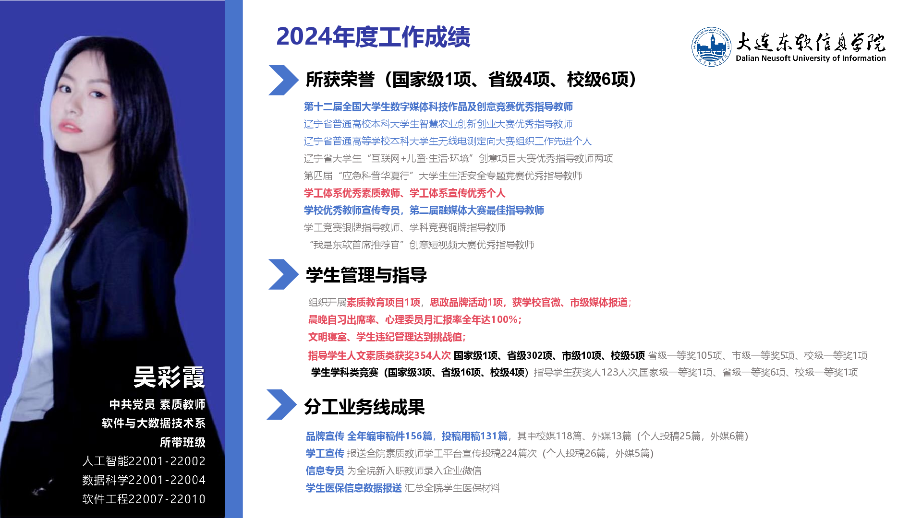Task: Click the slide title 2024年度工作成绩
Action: click(x=373, y=37)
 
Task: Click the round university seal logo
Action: click(x=711, y=47)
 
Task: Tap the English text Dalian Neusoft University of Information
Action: click(x=811, y=58)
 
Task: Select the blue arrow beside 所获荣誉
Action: click(x=283, y=80)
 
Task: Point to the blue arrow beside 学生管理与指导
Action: click(x=283, y=274)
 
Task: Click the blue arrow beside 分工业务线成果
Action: click(x=282, y=405)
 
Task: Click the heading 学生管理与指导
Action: click(x=366, y=275)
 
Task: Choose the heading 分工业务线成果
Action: click(x=364, y=407)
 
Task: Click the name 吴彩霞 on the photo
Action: click(x=169, y=377)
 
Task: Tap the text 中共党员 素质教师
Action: click(x=158, y=404)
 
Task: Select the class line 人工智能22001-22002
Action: click(x=144, y=461)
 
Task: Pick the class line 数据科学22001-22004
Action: click(x=144, y=480)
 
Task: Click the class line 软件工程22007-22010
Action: click(x=144, y=499)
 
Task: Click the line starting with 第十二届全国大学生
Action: click(x=438, y=106)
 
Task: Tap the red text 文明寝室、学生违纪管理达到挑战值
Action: click(x=387, y=337)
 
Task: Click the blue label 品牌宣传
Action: click(x=325, y=436)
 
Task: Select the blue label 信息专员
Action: click(x=325, y=471)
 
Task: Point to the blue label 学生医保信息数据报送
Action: click(x=354, y=488)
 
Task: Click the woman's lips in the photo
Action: click(x=70, y=127)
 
